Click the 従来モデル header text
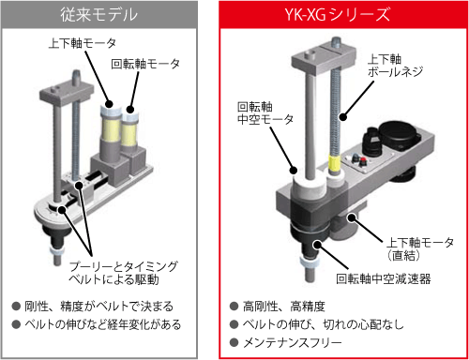[x=98, y=15]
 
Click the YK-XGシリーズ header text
[x=338, y=14]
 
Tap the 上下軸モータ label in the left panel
[x=83, y=43]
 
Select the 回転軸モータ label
[x=145, y=64]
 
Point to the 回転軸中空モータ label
[x=265, y=112]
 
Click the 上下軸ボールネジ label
[x=395, y=66]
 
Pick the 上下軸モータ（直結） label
[x=419, y=248]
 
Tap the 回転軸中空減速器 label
[x=384, y=278]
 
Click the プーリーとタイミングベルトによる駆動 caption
[x=123, y=273]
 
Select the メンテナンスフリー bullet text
[x=293, y=343]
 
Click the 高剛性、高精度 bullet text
[x=284, y=307]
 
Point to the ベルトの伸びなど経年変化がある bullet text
[x=103, y=324]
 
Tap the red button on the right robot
[x=363, y=161]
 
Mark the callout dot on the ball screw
[x=343, y=117]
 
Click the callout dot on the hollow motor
[x=293, y=170]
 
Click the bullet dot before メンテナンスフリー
[x=234, y=343]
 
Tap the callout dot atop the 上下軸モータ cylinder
[x=109, y=104]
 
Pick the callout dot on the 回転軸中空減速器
[x=317, y=244]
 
